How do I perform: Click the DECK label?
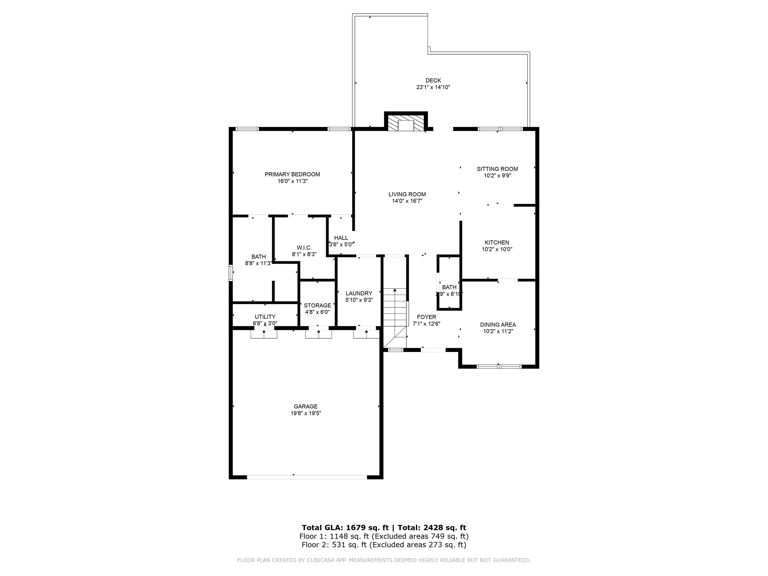433,80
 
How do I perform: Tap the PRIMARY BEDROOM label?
292,174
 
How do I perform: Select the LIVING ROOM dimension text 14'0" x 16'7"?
407,201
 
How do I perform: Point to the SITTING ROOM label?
497,169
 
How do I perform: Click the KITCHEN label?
497,243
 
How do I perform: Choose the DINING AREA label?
498,325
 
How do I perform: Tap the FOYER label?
426,317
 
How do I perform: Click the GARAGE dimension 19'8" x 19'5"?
305,413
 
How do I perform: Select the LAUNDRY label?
359,293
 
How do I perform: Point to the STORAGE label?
317,305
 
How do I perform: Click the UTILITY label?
265,317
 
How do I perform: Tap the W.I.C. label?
304,248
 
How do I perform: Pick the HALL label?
341,238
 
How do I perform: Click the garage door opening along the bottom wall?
307,477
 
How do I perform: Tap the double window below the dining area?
499,366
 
